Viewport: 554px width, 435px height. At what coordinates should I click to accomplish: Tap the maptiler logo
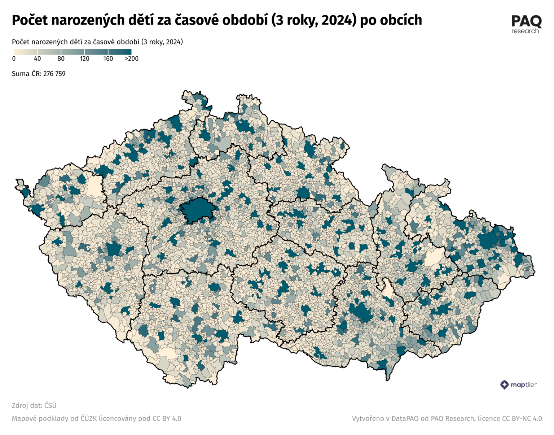coord(519,384)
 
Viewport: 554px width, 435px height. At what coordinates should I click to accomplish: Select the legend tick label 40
coord(37,58)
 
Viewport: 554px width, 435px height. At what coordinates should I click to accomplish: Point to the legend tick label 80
coord(61,58)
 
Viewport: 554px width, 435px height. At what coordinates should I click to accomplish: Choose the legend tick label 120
coord(84,58)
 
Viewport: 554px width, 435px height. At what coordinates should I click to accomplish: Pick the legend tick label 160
coord(108,58)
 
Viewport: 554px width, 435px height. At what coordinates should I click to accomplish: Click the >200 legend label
coord(132,58)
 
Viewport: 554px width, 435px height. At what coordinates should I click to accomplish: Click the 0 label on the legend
coord(14,58)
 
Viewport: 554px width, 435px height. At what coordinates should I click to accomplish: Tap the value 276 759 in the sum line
coord(54,74)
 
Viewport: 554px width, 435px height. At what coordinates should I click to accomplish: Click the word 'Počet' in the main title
coord(30,20)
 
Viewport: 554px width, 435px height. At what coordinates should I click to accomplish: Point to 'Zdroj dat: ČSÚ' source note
coord(34,405)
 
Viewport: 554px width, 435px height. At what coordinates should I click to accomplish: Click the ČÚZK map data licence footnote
coord(96,418)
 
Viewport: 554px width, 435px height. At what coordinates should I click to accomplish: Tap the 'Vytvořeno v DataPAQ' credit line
coord(447,418)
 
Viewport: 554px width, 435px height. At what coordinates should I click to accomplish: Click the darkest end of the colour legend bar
coord(126,52)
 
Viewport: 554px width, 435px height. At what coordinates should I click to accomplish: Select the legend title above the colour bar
coord(97,42)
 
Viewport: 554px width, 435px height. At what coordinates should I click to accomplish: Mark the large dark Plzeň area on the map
coord(114,249)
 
